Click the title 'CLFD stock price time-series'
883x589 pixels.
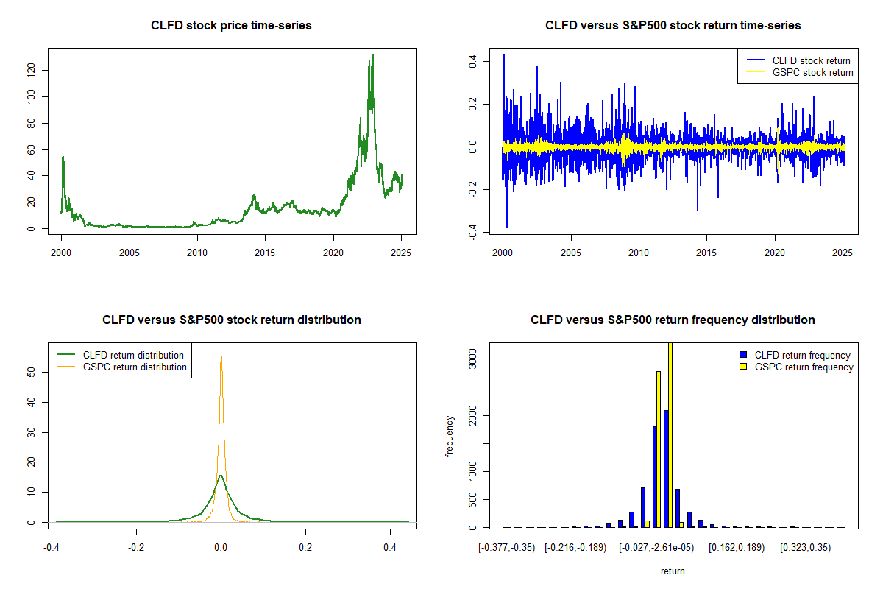pos(231,26)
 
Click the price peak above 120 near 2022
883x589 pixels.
pos(373,56)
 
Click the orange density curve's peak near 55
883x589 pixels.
pos(221,353)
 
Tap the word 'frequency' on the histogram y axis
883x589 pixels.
pos(450,437)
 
